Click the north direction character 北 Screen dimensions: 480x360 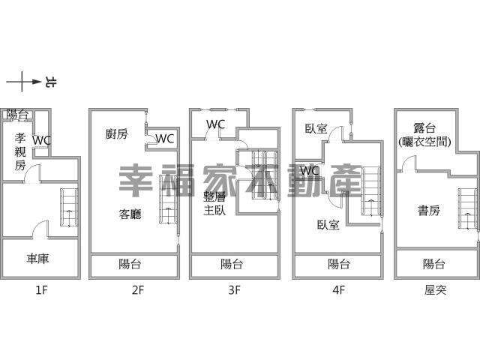click(x=50, y=82)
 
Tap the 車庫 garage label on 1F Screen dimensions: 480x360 click(x=37, y=259)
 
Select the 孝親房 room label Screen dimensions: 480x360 click(x=20, y=151)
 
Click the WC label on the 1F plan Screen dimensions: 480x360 click(x=42, y=140)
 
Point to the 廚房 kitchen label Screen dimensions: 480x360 click(x=116, y=133)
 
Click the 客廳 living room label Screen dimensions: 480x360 click(x=130, y=214)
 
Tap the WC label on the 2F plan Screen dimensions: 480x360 click(x=165, y=139)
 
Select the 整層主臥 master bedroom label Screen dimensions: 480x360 click(x=214, y=204)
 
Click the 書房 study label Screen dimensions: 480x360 click(x=429, y=211)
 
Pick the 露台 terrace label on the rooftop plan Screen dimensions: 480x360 click(x=424, y=128)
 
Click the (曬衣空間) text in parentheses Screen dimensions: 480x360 click(x=424, y=142)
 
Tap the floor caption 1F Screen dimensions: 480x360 click(x=42, y=289)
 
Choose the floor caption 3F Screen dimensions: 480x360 click(x=234, y=289)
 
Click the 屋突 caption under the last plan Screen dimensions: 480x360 click(x=435, y=289)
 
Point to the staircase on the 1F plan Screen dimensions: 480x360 click(x=69, y=207)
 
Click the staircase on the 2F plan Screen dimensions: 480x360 click(x=168, y=199)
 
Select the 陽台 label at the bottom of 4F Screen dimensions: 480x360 click(x=338, y=264)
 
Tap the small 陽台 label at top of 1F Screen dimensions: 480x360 click(x=17, y=115)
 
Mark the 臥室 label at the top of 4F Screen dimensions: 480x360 click(x=316, y=128)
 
